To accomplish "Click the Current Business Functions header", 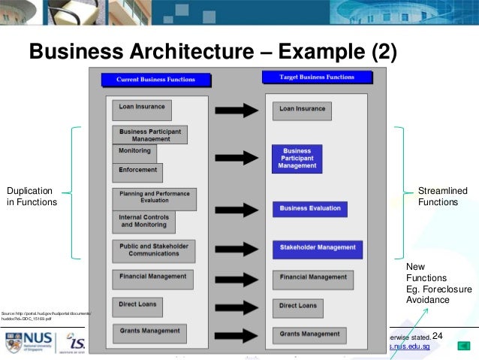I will tap(155, 79).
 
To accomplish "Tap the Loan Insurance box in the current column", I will tap(142, 110).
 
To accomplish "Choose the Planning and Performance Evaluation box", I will tap(154, 197).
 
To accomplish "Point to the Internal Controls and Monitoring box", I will tap(143, 221).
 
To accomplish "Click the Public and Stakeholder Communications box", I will tap(153, 250).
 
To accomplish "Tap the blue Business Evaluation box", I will tap(310, 208).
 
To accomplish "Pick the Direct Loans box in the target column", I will tap(298, 306).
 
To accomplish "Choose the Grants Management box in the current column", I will tap(149, 330).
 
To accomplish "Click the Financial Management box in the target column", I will tap(313, 277).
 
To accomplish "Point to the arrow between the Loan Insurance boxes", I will tap(238, 111).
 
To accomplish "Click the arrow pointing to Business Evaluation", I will tap(238, 204).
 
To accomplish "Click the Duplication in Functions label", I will tap(32, 195).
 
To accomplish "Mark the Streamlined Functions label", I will tap(438, 197).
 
